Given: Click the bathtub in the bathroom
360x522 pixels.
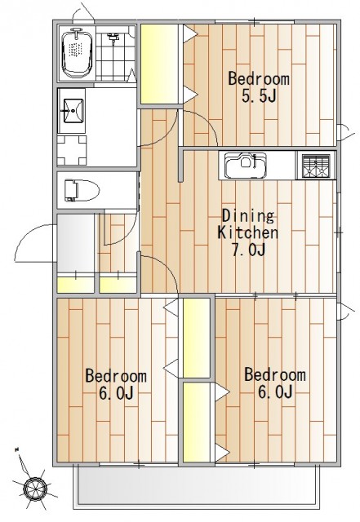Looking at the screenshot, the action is pyautogui.click(x=77, y=53).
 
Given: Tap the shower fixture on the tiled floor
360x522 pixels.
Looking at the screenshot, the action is pyautogui.click(x=113, y=38).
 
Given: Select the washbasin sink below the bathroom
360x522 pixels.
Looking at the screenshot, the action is pyautogui.click(x=72, y=111).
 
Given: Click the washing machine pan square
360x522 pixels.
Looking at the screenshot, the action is pyautogui.click(x=72, y=150).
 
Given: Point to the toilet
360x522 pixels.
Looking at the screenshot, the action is pyautogui.click(x=82, y=190).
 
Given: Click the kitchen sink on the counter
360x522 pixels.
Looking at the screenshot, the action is pyautogui.click(x=246, y=165).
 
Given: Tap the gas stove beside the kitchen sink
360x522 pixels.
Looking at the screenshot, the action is pyautogui.click(x=316, y=166).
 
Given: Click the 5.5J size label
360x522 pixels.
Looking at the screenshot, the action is pyautogui.click(x=260, y=96).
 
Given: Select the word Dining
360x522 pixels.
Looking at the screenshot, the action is pyautogui.click(x=248, y=215).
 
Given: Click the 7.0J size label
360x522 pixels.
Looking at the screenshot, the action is pyautogui.click(x=249, y=250).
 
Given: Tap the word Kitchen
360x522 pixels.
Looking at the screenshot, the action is pyautogui.click(x=247, y=232).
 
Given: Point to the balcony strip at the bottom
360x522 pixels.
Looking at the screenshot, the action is pyautogui.click(x=197, y=485).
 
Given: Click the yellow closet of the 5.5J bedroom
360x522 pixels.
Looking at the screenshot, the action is pyautogui.click(x=159, y=64).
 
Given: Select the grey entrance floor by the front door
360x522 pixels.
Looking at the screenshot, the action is pyautogui.click(x=76, y=243).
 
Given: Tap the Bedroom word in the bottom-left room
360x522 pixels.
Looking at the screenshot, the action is pyautogui.click(x=116, y=376).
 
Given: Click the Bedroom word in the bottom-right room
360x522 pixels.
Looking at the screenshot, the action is pyautogui.click(x=275, y=374).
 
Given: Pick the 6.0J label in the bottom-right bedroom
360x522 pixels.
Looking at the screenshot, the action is pyautogui.click(x=275, y=391).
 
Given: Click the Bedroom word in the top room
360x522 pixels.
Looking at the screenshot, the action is pyautogui.click(x=259, y=79).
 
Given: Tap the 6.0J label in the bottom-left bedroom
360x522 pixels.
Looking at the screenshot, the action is pyautogui.click(x=117, y=393).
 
